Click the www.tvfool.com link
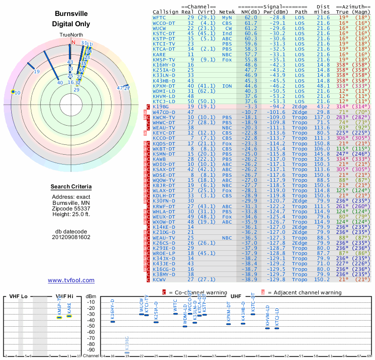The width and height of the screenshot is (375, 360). click(71, 280)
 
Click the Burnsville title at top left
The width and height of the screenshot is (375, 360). click(71, 14)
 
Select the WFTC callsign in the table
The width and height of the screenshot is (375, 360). click(159, 17)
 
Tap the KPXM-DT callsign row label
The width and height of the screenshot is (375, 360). click(164, 86)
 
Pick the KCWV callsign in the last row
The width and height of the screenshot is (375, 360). click(160, 279)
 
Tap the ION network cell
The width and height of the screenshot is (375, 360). click(227, 86)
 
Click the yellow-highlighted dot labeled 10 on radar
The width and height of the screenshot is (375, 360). click(13, 92)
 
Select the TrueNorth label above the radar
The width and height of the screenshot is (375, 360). click(71, 35)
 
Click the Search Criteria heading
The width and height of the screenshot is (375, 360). click(71, 187)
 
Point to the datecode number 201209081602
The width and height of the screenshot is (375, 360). click(71, 237)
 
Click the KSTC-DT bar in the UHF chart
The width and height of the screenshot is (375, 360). click(253, 314)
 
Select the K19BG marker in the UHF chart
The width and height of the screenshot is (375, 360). click(127, 352)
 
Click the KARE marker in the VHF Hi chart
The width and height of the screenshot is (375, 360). click(69, 316)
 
